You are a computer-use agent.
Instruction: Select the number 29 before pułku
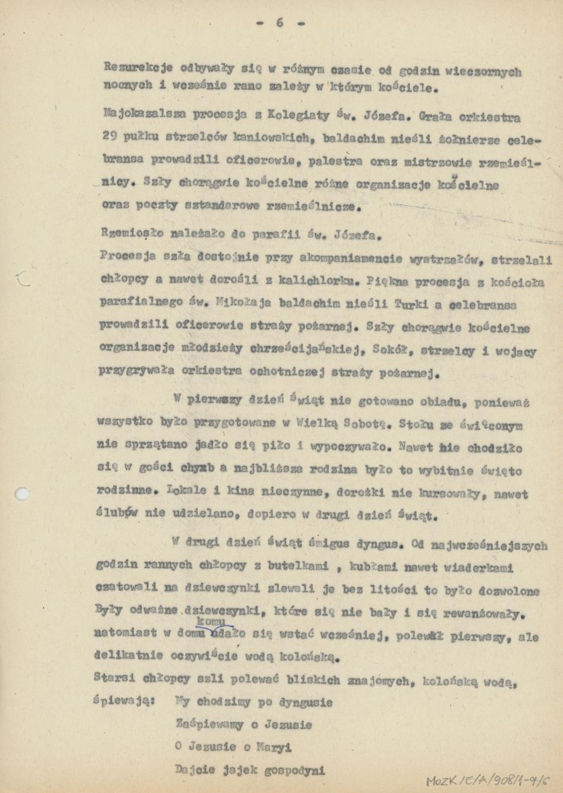click(x=110, y=136)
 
